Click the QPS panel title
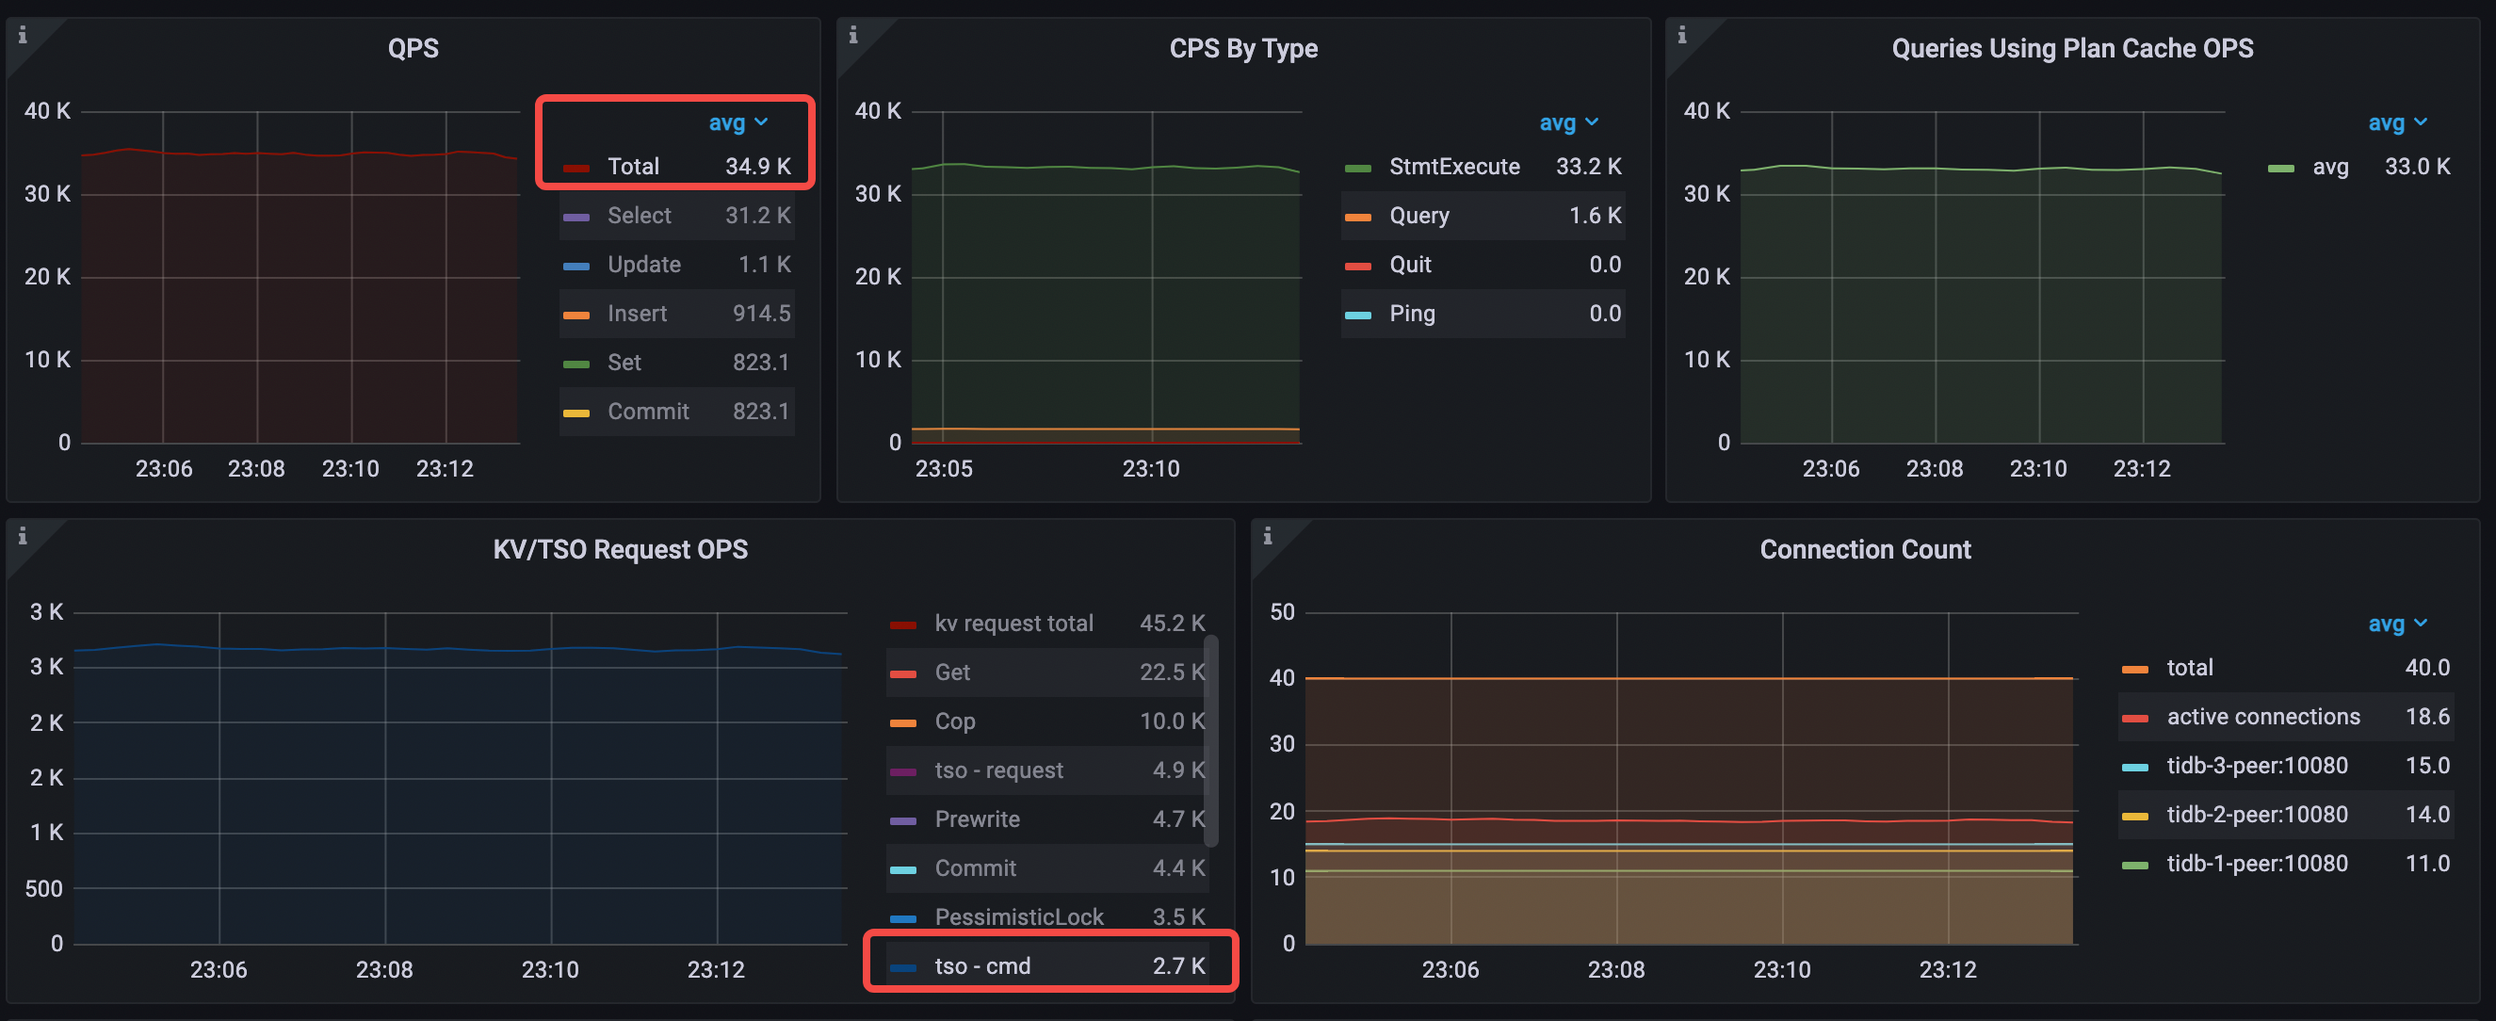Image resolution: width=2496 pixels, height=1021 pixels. pos(413,48)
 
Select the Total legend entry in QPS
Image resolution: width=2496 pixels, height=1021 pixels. pos(633,167)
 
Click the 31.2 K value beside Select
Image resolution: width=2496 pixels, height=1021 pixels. pos(756,215)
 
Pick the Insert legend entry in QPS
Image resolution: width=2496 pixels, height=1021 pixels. pos(637,314)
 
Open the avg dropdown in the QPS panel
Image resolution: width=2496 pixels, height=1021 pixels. pos(737,123)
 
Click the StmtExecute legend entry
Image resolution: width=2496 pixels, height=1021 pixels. pos(1453,167)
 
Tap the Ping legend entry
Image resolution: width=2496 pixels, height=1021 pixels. pos(1412,314)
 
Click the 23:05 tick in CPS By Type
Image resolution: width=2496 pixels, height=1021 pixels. pos(943,469)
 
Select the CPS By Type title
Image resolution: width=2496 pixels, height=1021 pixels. pos(1243,48)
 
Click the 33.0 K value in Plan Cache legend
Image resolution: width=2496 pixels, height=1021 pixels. pos(2417,167)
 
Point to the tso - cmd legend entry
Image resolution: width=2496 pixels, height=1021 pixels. pos(981,965)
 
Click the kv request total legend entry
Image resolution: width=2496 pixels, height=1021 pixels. pos(1013,623)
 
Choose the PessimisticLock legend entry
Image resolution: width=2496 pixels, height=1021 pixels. pos(1018,916)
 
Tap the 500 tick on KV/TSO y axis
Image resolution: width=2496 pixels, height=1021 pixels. pos(43,888)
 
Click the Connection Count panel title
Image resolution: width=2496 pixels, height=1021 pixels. pos(1864,549)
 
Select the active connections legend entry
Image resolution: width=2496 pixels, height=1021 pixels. pos(2262,717)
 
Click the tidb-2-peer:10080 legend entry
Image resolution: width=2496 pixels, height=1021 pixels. pos(2257,815)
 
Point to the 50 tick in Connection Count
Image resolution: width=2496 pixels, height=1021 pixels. pos(1281,612)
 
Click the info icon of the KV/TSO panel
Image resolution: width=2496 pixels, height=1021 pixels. pos(23,536)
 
